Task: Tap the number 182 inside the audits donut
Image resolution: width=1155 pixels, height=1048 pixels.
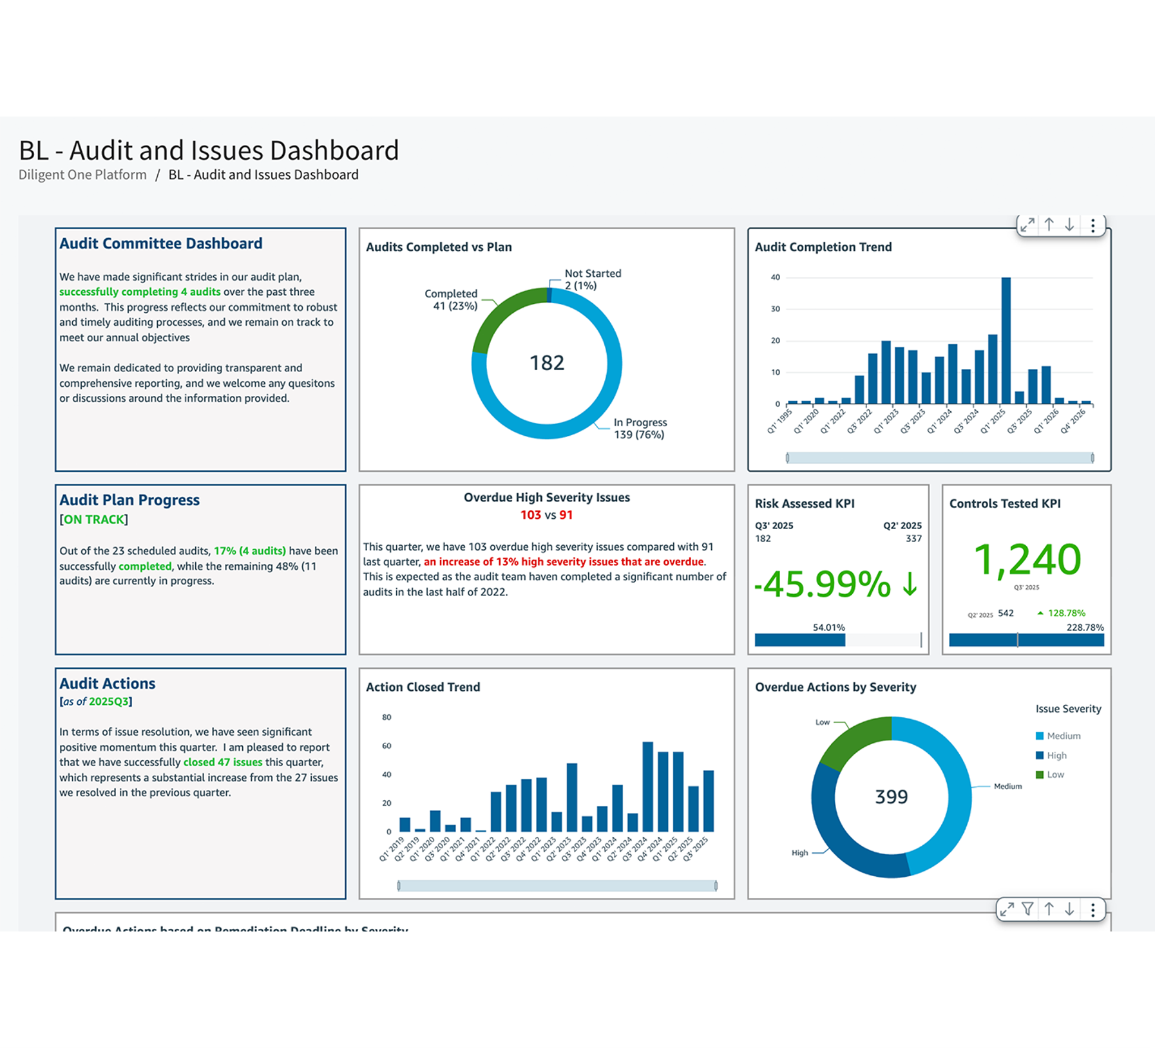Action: [x=547, y=363]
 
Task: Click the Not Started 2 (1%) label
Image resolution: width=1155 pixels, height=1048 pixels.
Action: [x=593, y=279]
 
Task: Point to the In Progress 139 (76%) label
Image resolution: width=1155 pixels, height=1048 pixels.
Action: [x=640, y=428]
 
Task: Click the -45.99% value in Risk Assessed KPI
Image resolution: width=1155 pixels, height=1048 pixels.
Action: [x=822, y=584]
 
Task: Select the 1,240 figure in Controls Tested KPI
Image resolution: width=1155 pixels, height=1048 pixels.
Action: [x=1027, y=559]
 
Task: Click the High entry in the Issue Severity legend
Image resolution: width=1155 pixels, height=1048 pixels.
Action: [x=1056, y=755]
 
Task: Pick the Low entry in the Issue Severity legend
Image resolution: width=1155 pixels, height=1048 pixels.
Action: [x=1055, y=774]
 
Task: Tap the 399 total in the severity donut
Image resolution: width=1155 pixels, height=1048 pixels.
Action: [x=892, y=797]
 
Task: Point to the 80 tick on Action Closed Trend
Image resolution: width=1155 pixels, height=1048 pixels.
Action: [x=387, y=717]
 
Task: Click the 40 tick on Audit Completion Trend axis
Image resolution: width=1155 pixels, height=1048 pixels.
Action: [x=776, y=277]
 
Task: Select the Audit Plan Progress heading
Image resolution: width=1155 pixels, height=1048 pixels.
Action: [x=129, y=500]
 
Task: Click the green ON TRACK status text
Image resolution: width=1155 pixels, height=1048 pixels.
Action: [x=94, y=519]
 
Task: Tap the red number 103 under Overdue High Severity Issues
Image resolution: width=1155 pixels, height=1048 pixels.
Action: [x=530, y=515]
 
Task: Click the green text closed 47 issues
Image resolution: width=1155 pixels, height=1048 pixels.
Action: [x=223, y=762]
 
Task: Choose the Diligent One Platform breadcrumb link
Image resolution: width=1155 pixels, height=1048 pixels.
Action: [x=82, y=174]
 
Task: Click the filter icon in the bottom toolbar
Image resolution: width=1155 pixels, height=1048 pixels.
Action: [x=1027, y=909]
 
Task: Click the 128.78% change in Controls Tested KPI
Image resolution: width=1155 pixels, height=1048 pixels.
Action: [x=1066, y=613]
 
